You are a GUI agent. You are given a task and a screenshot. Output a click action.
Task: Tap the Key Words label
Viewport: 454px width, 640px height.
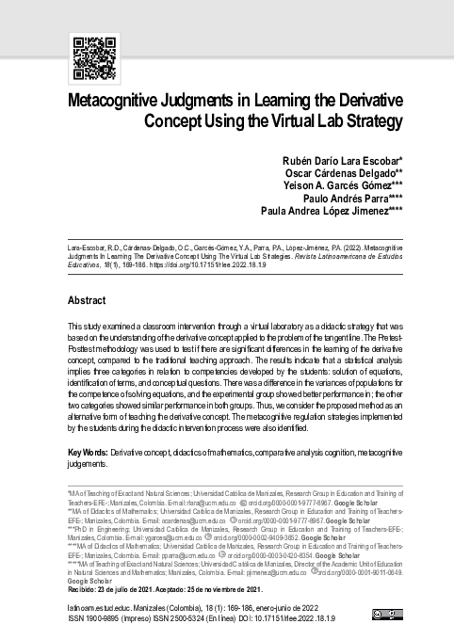[89, 453]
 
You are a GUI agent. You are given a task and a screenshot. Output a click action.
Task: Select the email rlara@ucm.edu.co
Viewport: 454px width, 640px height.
[207, 504]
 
